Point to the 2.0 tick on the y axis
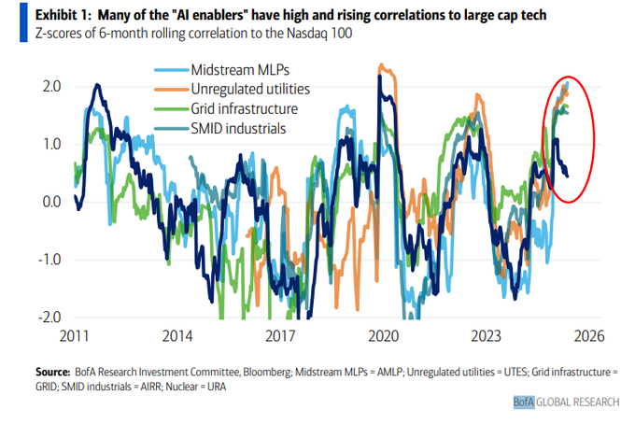click(51, 86)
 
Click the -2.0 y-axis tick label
click(49, 317)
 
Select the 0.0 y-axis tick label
click(51, 201)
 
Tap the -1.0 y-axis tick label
click(49, 259)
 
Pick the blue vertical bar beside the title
click(10, 24)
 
